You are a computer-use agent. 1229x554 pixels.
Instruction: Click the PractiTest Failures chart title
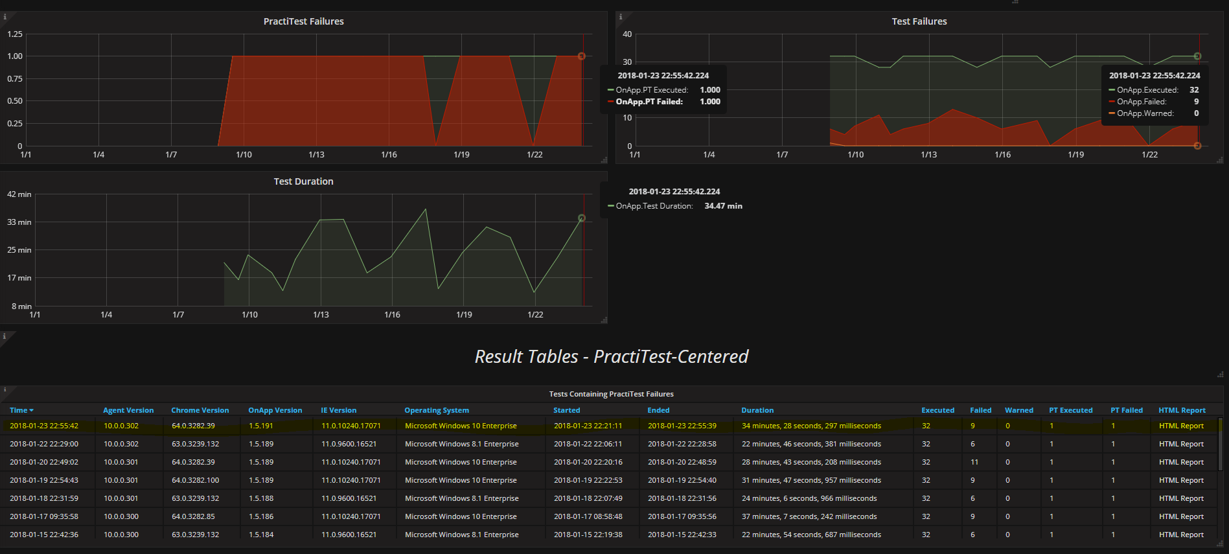pos(303,21)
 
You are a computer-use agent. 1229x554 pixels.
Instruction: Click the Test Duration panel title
pos(303,181)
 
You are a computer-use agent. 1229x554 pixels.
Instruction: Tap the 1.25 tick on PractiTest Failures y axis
pos(15,34)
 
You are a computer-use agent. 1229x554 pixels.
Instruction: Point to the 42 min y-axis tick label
pos(19,194)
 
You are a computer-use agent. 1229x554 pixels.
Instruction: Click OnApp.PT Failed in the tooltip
pos(649,102)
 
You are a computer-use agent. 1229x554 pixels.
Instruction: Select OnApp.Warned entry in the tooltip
pos(1145,113)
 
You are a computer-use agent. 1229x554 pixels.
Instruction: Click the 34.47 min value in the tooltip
pos(723,206)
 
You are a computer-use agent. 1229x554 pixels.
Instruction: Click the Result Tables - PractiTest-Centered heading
pos(611,356)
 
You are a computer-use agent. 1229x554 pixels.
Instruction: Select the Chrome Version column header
pos(200,410)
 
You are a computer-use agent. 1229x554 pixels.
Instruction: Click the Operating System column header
pos(436,410)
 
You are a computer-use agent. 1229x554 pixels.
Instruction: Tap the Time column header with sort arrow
pos(21,410)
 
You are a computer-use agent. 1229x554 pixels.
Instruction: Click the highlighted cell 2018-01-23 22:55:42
pos(44,426)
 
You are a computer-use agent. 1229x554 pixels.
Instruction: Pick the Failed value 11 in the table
pos(974,462)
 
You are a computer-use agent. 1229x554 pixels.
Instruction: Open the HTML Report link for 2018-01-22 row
pos(1180,444)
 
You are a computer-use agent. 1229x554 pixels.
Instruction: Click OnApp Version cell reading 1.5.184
pos(261,535)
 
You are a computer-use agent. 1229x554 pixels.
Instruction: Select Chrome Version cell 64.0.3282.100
pos(195,480)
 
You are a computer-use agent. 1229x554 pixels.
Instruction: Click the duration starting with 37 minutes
pos(809,516)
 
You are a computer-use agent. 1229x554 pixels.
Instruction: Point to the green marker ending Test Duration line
pos(581,218)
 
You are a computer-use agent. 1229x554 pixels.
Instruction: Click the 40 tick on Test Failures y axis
pos(626,34)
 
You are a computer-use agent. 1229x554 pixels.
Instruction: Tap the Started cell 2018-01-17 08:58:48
pos(588,516)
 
